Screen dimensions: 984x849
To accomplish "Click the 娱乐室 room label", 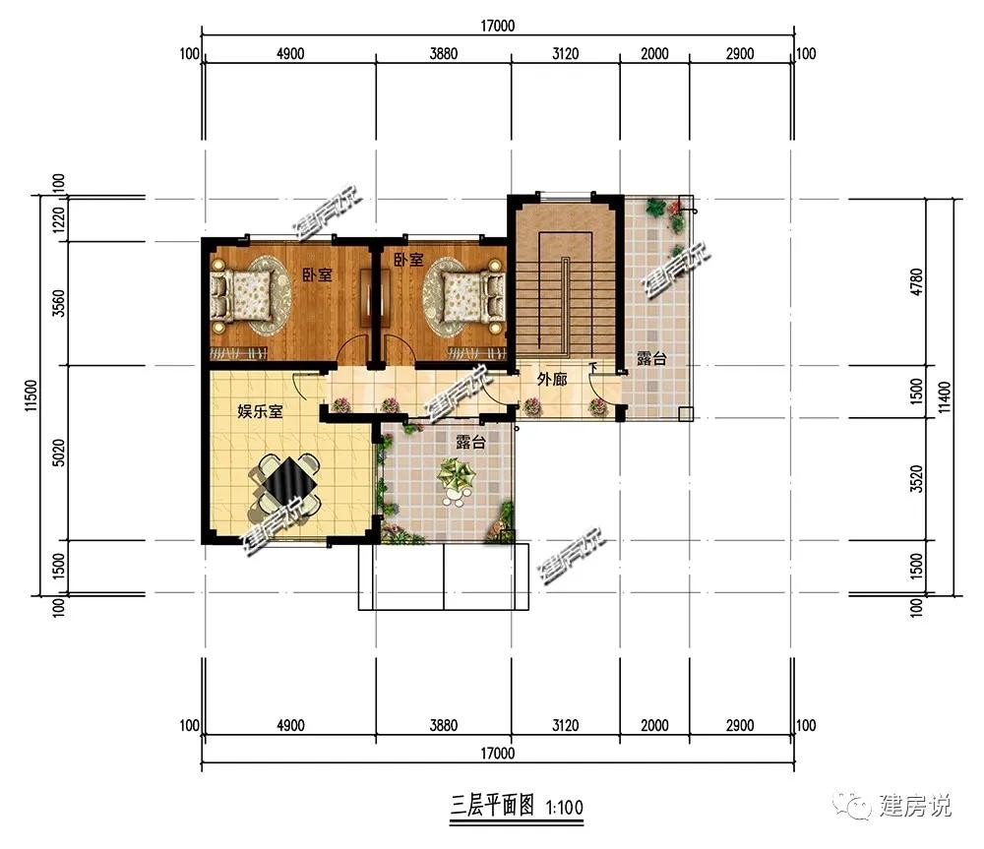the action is [260, 411].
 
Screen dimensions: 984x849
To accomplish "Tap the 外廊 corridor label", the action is [552, 379].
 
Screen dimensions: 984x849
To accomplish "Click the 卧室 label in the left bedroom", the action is [317, 274].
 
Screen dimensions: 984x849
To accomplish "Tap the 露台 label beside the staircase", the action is [651, 358].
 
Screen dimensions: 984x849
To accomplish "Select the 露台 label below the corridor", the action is [470, 442].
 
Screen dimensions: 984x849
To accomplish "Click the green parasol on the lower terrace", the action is [457, 474].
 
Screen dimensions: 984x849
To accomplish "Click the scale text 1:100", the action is [565, 807].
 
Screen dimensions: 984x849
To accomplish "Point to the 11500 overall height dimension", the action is [31, 395].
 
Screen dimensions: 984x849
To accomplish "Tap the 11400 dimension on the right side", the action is [945, 397].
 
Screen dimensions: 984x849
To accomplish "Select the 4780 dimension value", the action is [917, 281].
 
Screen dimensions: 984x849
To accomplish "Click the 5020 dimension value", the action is [58, 453].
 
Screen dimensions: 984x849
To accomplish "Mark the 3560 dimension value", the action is [58, 303].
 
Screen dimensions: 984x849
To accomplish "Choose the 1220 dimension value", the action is [58, 219].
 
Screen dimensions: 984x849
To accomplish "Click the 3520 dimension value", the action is [917, 479].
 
